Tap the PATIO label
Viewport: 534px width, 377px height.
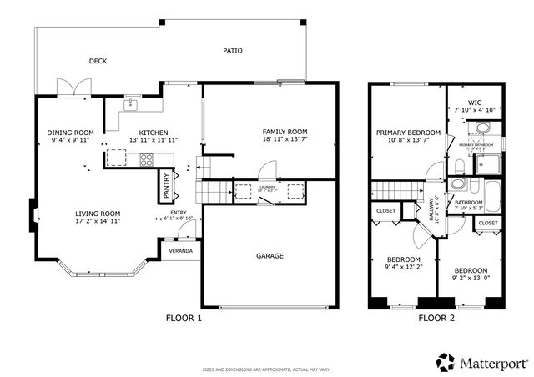click(x=233, y=51)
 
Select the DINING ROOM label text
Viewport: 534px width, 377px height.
click(x=70, y=133)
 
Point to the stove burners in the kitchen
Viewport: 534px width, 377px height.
click(x=145, y=159)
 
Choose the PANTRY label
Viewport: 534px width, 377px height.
click(x=167, y=185)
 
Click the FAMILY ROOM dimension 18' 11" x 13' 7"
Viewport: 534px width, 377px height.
click(x=285, y=140)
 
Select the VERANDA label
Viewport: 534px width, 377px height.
click(x=181, y=250)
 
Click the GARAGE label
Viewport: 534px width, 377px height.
click(x=270, y=255)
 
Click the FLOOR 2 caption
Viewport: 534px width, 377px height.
click(x=436, y=318)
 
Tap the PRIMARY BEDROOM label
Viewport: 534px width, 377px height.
click(x=408, y=133)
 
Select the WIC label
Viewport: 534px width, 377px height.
click(x=475, y=103)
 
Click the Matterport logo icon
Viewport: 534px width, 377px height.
click(x=446, y=361)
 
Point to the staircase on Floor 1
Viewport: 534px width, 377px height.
click(x=214, y=191)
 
